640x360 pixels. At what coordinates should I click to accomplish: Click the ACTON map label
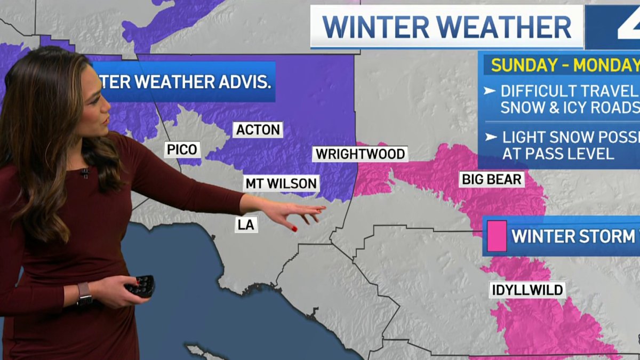pyautogui.click(x=258, y=130)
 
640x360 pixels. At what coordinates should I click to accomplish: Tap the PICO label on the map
pyautogui.click(x=182, y=149)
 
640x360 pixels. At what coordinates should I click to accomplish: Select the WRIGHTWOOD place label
pyautogui.click(x=361, y=154)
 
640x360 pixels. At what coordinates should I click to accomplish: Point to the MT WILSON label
pyautogui.click(x=281, y=183)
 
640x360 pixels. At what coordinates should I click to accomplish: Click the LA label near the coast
pyautogui.click(x=246, y=225)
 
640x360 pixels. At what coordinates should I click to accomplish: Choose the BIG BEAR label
pyautogui.click(x=492, y=179)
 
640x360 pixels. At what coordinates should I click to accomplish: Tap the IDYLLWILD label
pyautogui.click(x=527, y=290)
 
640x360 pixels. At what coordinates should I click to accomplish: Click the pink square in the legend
pyautogui.click(x=496, y=236)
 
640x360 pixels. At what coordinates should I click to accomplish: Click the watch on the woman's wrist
pyautogui.click(x=84, y=293)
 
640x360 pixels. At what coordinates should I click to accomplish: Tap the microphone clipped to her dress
pyautogui.click(x=84, y=172)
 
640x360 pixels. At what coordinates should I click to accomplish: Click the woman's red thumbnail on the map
pyautogui.click(x=294, y=228)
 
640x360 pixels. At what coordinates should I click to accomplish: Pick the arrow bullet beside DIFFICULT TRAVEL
pyautogui.click(x=489, y=91)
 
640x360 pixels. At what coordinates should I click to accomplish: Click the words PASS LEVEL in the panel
pyautogui.click(x=557, y=154)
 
